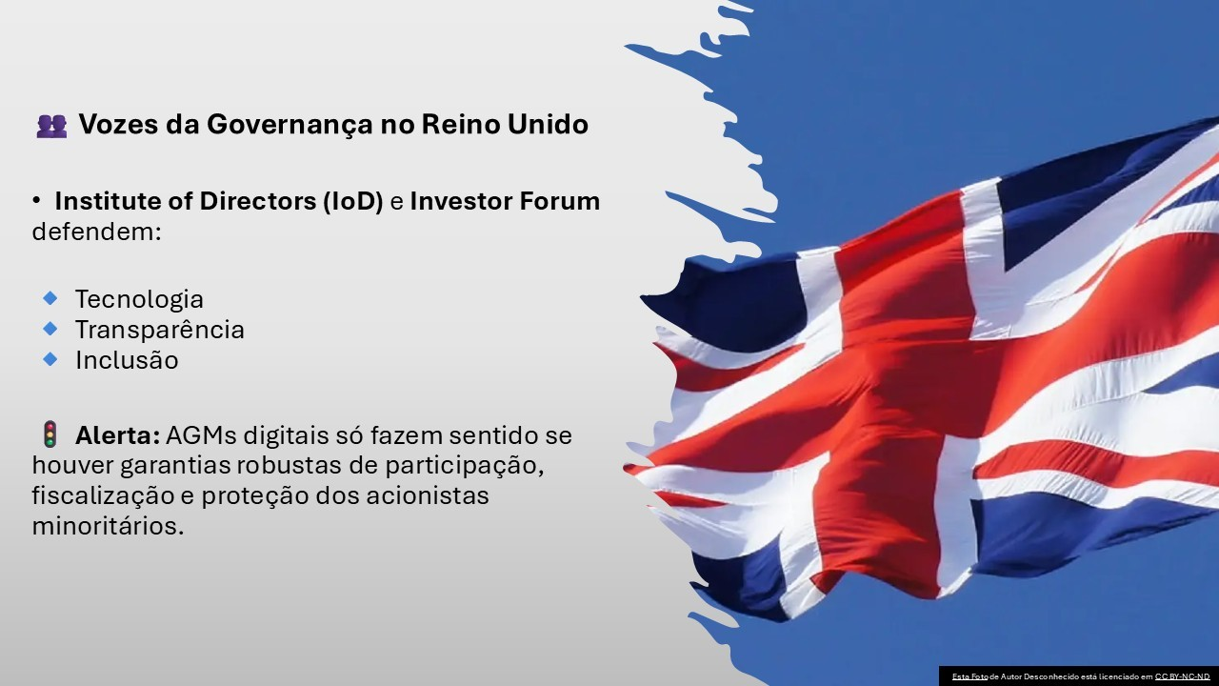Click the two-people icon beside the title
point(51,126)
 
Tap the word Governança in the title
point(290,125)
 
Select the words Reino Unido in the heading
point(505,124)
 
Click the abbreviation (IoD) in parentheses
point(353,201)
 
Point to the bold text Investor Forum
point(505,201)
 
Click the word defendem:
point(97,232)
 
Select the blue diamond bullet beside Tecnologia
point(50,298)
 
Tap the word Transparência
point(159,330)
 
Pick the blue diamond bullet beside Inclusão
point(50,359)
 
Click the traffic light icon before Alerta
point(50,434)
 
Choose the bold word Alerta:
point(117,435)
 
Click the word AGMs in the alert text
point(201,435)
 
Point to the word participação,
point(465,467)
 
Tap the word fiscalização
point(104,496)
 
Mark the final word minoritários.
point(109,527)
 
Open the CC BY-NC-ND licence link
point(1182,676)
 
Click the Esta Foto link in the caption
point(969,676)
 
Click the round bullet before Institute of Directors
point(36,201)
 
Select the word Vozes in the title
point(119,124)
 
